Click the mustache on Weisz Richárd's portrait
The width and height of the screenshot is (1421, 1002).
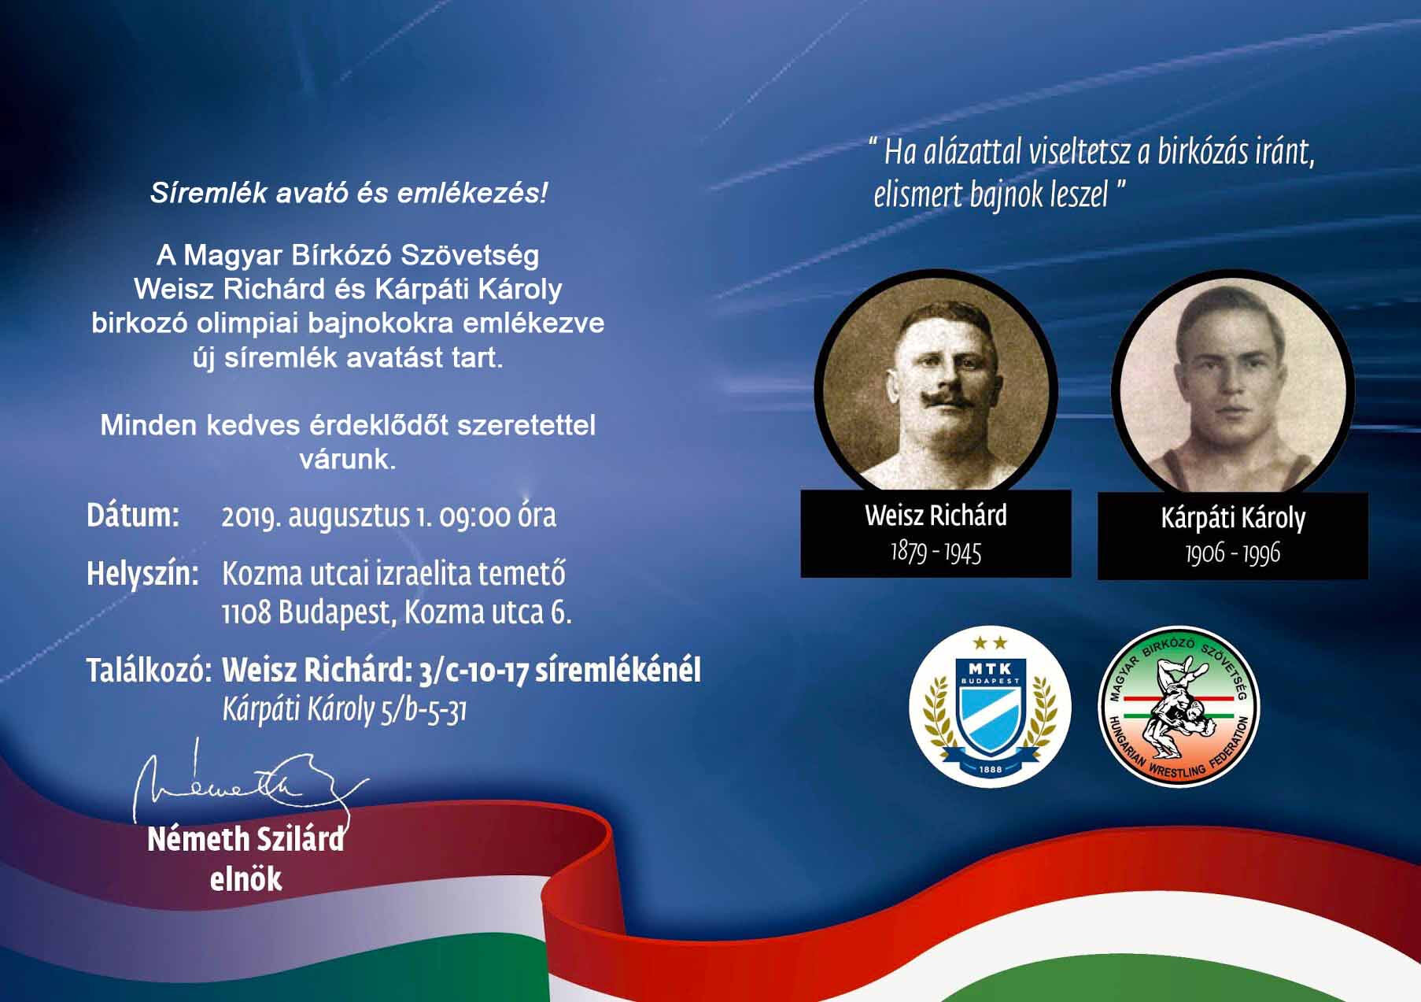(937, 398)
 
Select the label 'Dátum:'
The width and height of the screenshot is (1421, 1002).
(133, 516)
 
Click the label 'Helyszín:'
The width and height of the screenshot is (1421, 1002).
(142, 574)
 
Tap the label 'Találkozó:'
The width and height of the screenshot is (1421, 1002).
(149, 671)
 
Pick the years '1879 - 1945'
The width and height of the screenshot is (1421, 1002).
(936, 552)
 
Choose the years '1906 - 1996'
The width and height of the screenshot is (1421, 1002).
(1232, 553)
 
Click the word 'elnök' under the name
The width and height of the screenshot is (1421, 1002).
(245, 879)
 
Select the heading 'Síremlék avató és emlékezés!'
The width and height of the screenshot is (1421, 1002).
(348, 194)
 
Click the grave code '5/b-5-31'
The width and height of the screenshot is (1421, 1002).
(423, 711)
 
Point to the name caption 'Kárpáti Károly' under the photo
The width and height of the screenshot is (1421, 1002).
(1232, 518)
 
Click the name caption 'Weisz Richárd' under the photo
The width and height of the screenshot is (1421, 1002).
(936, 516)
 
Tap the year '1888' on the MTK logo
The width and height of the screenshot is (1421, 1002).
(990, 769)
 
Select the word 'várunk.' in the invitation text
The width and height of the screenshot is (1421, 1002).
(348, 459)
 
